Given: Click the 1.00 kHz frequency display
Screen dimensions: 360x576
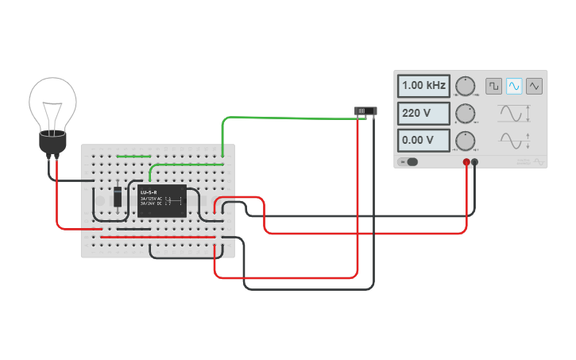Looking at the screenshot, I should (x=424, y=86).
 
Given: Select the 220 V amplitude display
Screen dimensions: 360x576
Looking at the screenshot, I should (x=424, y=114).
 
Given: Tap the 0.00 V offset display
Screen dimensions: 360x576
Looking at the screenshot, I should (x=424, y=141).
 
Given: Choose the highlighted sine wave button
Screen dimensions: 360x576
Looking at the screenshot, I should (x=514, y=85).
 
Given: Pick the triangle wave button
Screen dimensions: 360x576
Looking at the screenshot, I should (x=534, y=85).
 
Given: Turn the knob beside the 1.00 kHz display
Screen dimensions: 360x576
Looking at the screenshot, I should (x=465, y=87).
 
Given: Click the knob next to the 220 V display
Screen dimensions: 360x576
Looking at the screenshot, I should (x=465, y=114).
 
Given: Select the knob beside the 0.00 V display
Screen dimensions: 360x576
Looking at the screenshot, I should (x=465, y=141).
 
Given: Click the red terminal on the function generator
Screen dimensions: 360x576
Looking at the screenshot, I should (x=466, y=162).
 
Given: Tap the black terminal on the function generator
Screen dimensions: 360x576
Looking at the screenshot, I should (x=475, y=162).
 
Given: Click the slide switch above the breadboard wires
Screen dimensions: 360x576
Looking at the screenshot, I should (x=365, y=110).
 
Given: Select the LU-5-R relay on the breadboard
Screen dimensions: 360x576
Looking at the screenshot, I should (x=162, y=201).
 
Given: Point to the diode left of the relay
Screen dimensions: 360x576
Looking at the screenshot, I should (x=118, y=195).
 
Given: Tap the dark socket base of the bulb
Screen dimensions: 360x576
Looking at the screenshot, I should (x=52, y=143).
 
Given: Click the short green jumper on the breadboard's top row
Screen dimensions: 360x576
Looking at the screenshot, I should (x=133, y=156).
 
